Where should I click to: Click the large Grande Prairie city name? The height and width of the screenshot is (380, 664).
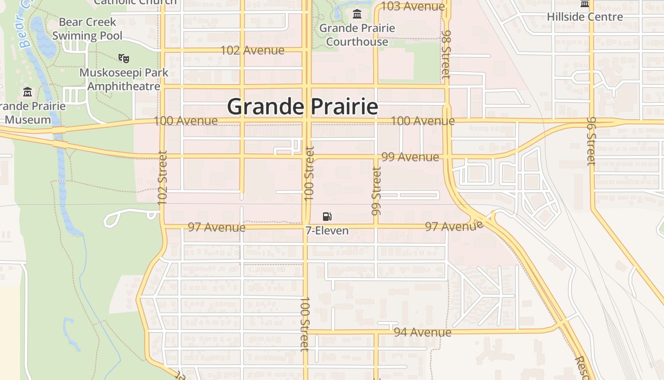point(303,106)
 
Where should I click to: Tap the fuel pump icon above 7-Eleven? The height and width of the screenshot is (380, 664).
point(327,216)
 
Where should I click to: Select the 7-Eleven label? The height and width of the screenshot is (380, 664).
point(327,231)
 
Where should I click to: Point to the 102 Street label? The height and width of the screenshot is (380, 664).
point(163,178)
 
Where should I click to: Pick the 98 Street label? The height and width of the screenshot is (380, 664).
point(446,54)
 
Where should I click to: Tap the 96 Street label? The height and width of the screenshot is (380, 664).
point(591,141)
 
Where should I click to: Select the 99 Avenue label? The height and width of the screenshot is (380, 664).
point(410,157)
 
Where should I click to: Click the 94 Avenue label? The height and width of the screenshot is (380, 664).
point(423,332)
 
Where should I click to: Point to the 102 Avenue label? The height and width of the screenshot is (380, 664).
point(253,50)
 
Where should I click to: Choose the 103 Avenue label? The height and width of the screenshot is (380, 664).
point(413,6)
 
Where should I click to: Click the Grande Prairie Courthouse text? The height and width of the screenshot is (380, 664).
point(357,35)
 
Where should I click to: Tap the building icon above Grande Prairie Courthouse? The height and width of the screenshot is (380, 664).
point(357,13)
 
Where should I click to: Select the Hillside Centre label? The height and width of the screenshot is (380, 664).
point(585,17)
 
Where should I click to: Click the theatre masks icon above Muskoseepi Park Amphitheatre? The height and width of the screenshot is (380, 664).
point(124,58)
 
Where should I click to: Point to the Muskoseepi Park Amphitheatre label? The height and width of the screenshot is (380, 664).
point(124,79)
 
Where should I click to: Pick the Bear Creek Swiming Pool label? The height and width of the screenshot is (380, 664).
point(87,28)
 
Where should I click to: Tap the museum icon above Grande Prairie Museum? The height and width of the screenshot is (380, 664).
point(28,91)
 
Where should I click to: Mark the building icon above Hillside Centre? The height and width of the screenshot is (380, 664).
point(585,4)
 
